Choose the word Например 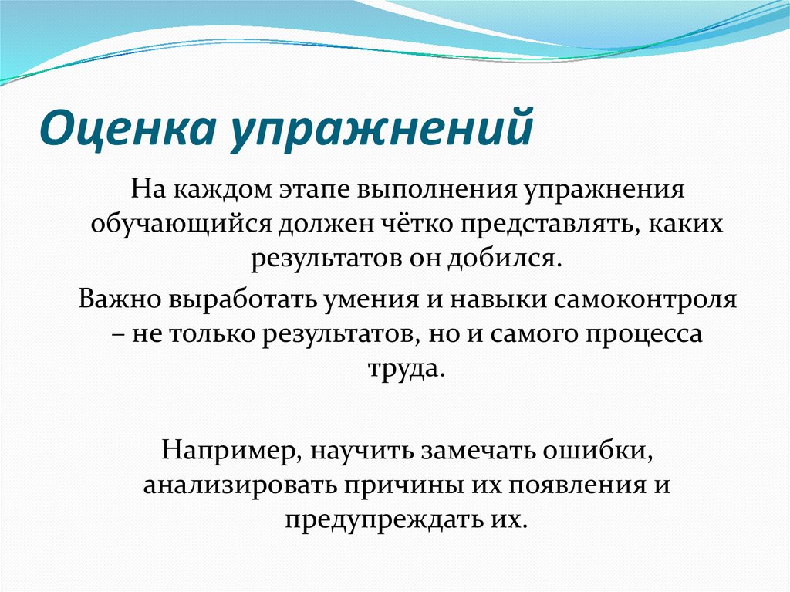click(218, 449)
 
